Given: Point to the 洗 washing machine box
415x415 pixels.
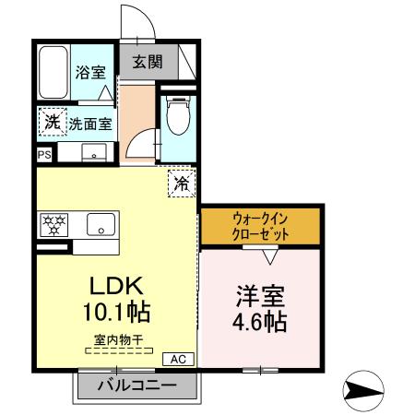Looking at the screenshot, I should (52, 121).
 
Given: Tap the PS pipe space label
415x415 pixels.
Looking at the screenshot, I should (44, 155).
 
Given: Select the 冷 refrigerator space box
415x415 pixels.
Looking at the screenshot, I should (182, 183).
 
